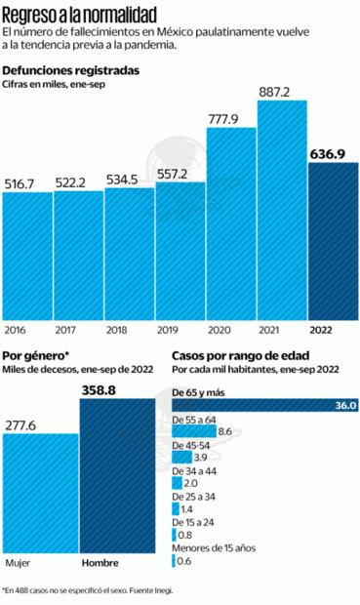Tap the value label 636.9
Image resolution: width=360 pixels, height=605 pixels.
[333, 152]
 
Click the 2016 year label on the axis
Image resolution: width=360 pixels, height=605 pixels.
[15, 331]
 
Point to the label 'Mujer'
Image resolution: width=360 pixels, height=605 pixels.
[18, 563]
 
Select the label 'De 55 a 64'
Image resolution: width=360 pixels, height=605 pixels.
[196, 418]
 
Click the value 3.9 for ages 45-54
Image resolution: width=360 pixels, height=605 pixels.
[200, 457]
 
